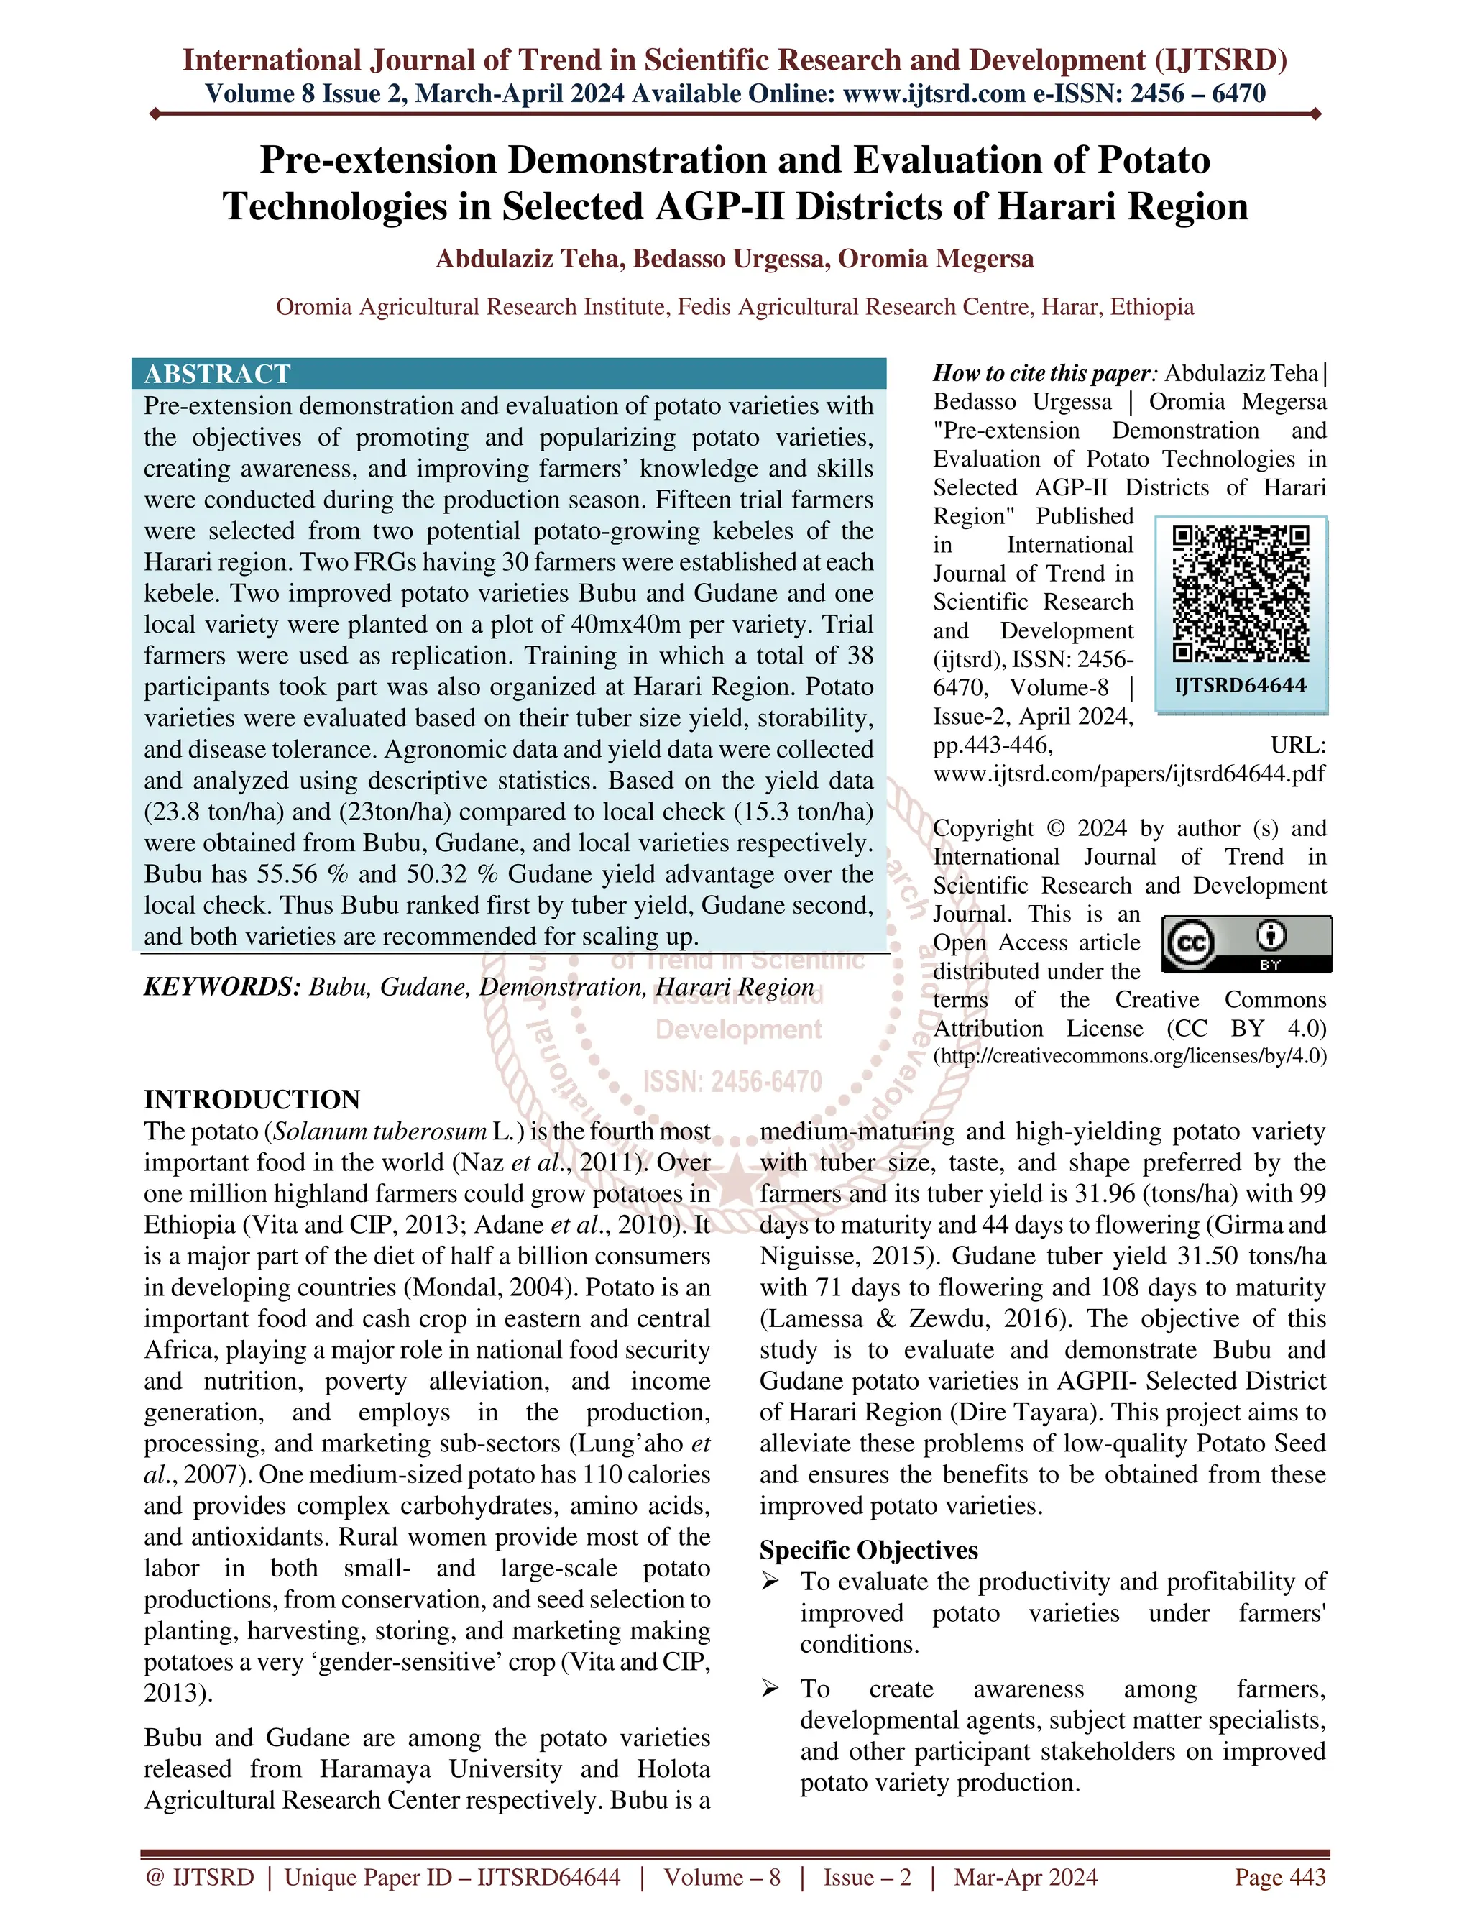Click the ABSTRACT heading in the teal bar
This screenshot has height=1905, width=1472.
click(x=217, y=375)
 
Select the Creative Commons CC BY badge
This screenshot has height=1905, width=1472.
click(x=1247, y=944)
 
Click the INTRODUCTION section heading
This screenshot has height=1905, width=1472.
click(x=252, y=1099)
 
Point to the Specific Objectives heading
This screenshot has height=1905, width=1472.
click(x=868, y=1550)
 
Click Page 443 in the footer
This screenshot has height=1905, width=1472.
click(x=1279, y=1877)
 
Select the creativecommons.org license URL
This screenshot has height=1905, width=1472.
click(x=1130, y=1056)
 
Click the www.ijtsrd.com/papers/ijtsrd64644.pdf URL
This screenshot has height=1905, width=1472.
click(x=1129, y=774)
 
